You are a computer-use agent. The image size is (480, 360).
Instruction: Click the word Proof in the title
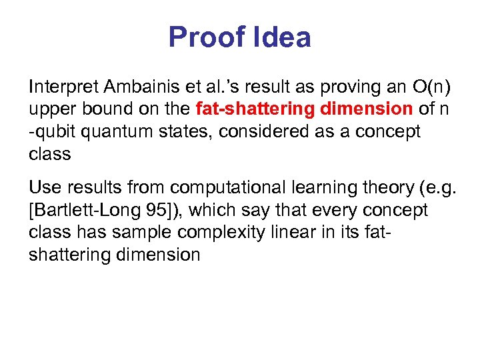click(207, 37)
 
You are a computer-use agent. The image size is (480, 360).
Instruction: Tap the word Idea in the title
click(282, 37)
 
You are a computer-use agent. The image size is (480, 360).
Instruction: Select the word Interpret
click(63, 86)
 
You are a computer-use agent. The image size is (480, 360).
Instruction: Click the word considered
click(255, 131)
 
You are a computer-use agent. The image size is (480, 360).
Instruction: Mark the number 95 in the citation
click(153, 210)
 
